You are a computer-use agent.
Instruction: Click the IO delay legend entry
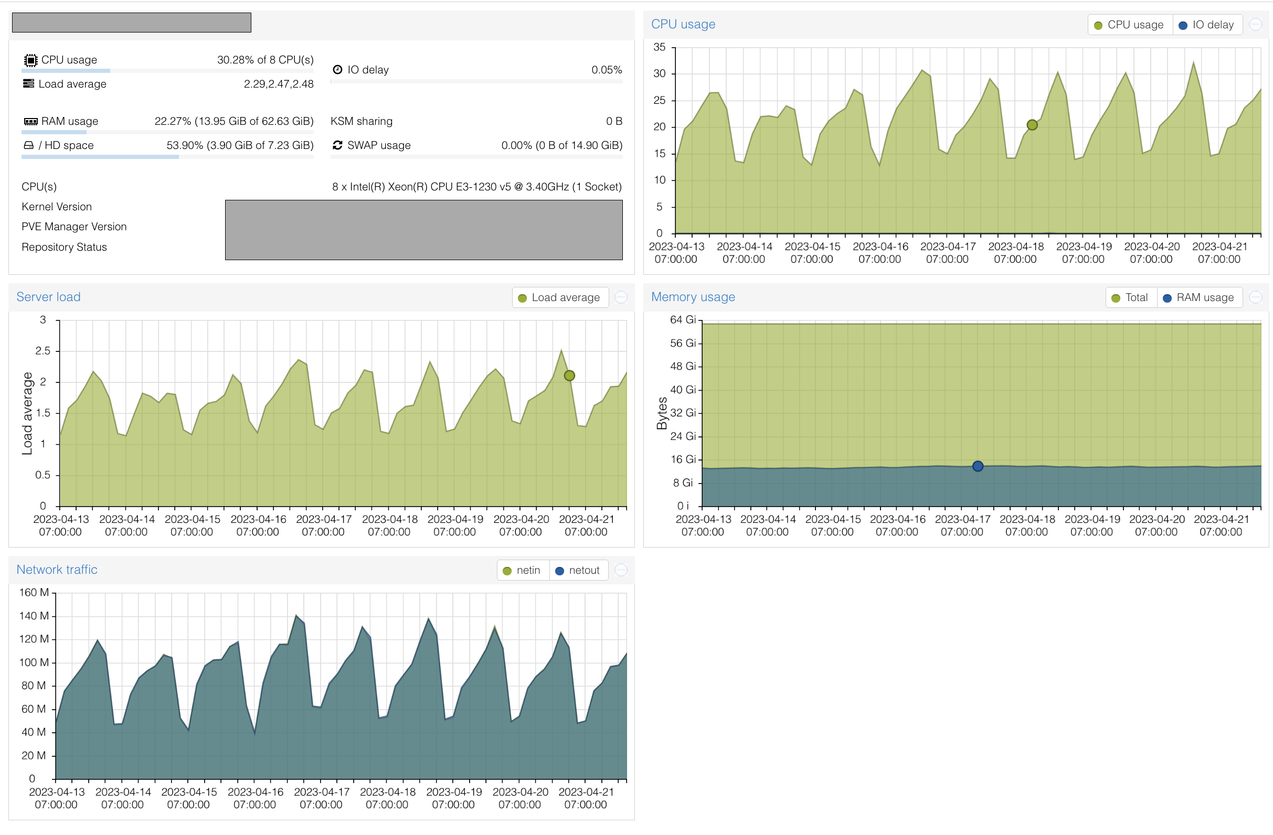point(1207,25)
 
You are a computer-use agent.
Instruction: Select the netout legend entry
point(578,570)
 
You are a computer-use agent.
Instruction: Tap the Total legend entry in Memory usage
point(1130,298)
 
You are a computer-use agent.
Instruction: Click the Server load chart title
point(48,297)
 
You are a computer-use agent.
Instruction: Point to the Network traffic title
point(57,569)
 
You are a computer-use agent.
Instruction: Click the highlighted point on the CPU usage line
point(1032,125)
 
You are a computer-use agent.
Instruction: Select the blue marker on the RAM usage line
point(977,466)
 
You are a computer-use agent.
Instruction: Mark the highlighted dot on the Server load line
point(569,376)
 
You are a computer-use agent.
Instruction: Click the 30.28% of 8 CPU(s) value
point(265,60)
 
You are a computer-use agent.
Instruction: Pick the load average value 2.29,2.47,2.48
point(278,84)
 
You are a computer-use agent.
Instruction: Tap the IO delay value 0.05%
point(606,70)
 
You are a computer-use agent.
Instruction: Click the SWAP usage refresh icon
point(337,145)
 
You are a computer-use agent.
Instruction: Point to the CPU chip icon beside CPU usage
point(30,60)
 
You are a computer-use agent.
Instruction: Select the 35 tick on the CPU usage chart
point(659,48)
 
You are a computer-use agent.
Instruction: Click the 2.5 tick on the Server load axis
point(43,351)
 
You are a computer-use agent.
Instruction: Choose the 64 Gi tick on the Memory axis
point(683,319)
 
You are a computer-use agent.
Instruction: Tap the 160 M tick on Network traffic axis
point(34,592)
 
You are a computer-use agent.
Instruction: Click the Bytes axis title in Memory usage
point(662,413)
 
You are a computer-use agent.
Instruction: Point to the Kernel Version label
point(57,207)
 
